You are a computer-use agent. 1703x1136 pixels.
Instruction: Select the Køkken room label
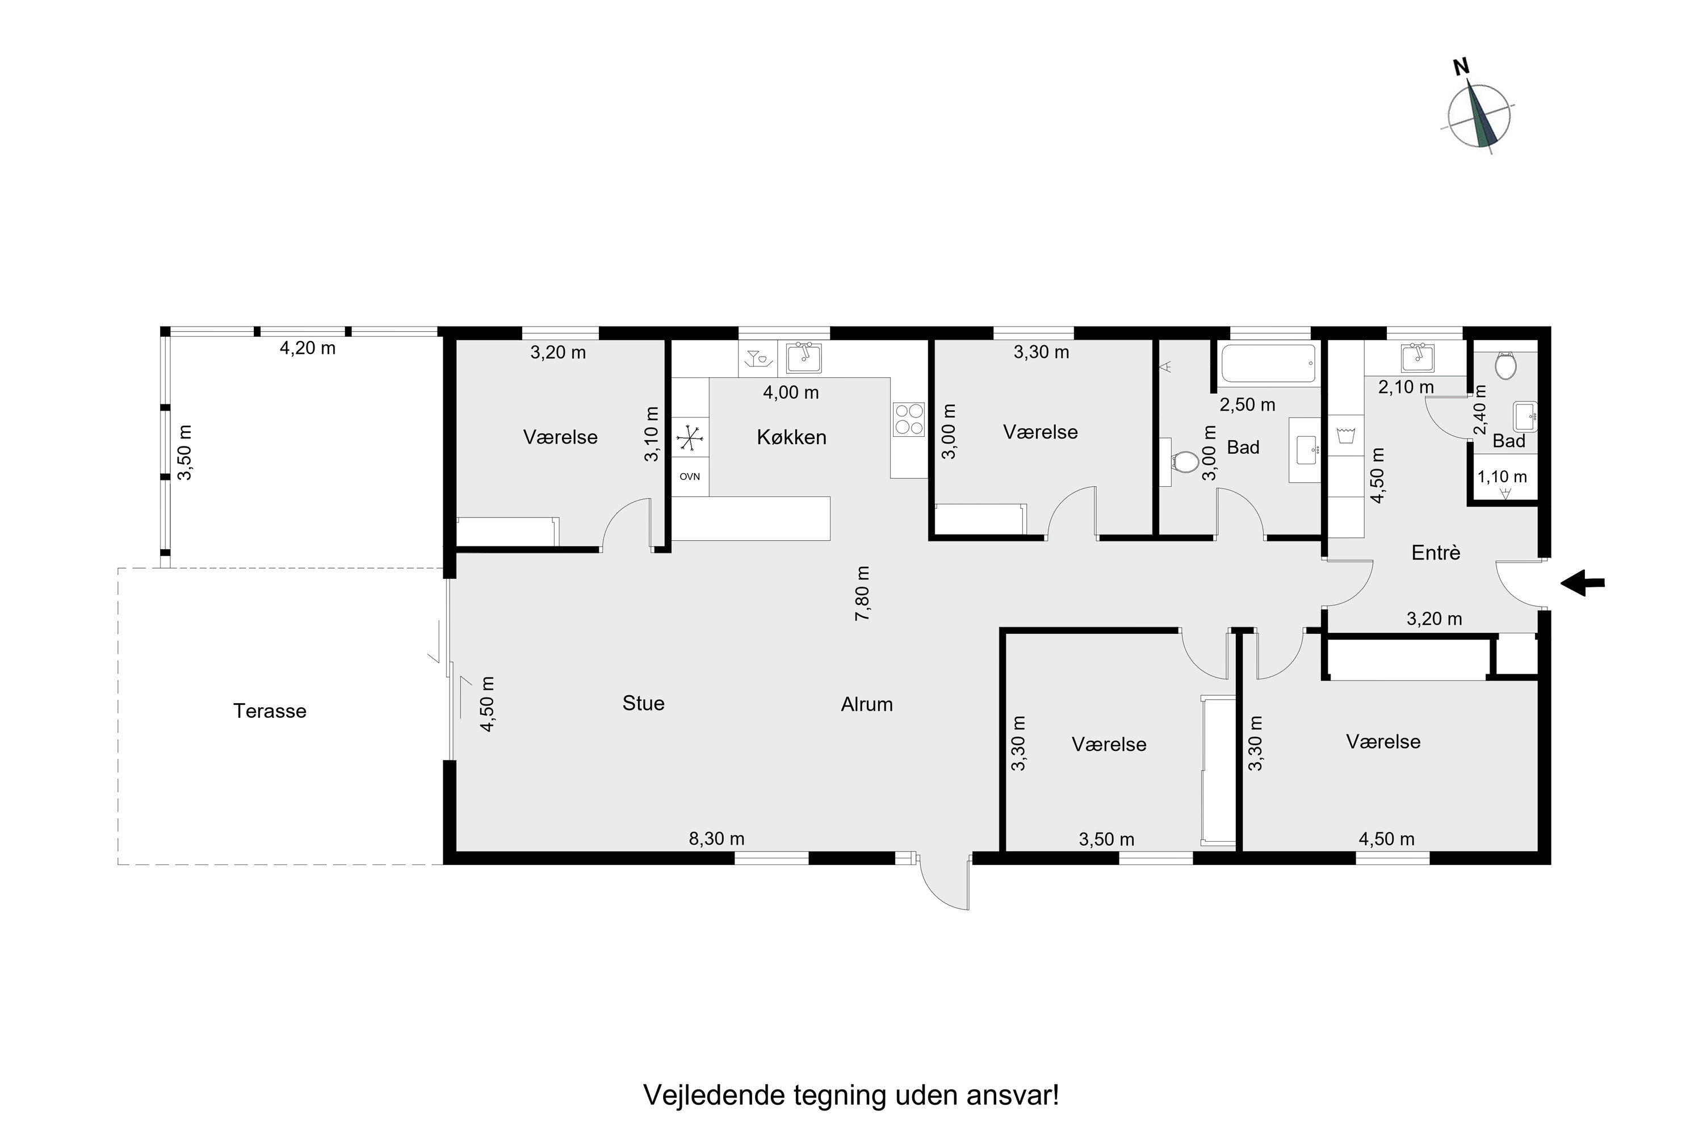(791, 437)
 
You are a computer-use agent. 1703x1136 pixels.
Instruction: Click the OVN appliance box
(689, 477)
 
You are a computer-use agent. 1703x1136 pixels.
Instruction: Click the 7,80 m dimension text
(862, 594)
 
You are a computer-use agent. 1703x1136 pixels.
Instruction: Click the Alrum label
(867, 704)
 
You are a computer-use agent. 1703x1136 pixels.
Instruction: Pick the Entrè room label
(1436, 553)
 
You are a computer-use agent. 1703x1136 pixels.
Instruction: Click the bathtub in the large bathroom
(1268, 363)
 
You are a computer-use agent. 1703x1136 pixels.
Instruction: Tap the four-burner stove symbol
(909, 419)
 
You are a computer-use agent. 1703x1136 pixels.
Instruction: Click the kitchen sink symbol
(804, 358)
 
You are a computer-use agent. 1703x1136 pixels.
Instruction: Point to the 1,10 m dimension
(1501, 477)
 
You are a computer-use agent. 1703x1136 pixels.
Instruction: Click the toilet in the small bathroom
(1506, 366)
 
